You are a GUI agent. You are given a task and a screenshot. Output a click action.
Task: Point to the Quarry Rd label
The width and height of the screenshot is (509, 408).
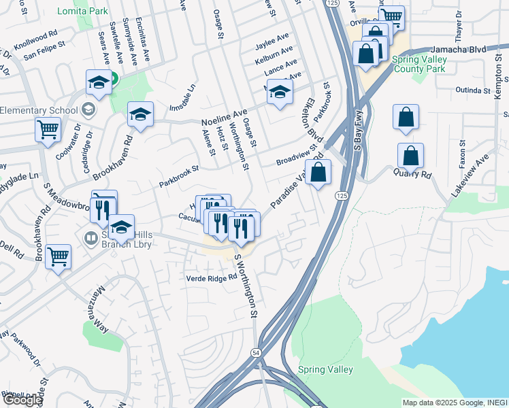412,173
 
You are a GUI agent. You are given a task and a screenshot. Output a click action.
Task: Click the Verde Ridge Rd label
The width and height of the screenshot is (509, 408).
212,277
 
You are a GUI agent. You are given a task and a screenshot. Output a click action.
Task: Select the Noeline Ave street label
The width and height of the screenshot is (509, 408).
224,117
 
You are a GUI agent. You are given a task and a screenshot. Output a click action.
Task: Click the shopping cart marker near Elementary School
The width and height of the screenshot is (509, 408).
48,129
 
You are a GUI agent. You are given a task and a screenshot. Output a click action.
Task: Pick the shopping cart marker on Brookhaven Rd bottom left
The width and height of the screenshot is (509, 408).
59,257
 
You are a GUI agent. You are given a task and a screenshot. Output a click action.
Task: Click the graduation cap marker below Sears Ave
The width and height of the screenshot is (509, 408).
99,83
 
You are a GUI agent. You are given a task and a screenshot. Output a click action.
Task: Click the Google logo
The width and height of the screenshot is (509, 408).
23,400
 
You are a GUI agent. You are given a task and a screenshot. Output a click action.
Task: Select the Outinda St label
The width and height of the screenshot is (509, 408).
477,89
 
